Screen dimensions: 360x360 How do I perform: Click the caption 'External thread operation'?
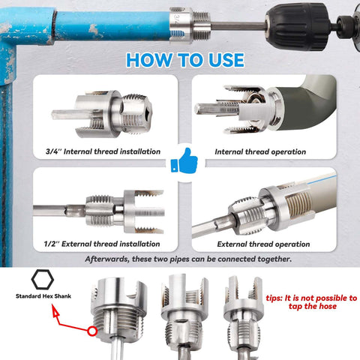tap(263, 244)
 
